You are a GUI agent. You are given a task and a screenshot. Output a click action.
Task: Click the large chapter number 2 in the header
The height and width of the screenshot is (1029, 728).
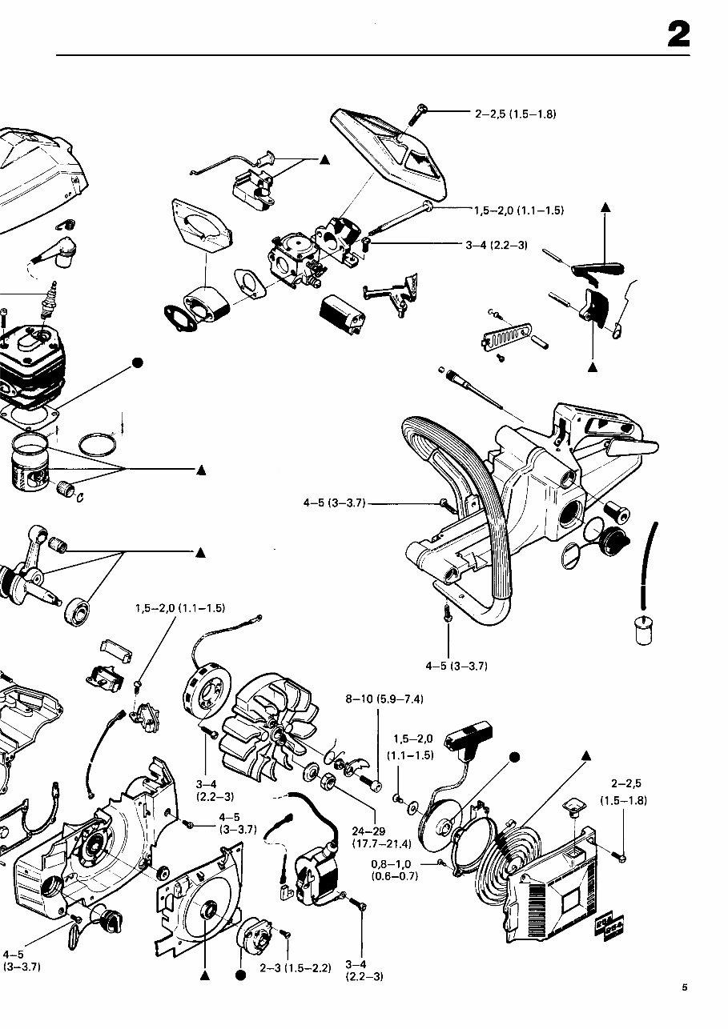click(678, 35)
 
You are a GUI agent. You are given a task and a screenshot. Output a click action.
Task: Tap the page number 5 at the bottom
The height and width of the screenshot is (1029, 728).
click(685, 987)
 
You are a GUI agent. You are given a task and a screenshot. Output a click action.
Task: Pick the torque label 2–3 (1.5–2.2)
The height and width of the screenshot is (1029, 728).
click(295, 968)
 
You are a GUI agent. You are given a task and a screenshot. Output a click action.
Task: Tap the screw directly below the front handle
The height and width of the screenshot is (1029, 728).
click(447, 614)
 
